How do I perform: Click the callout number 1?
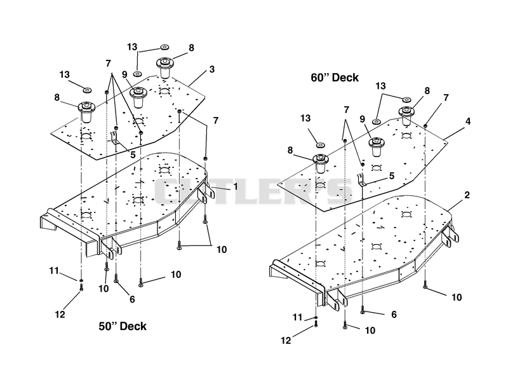pos(236,186)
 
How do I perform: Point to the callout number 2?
pos(467,195)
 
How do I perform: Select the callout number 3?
pos(212,69)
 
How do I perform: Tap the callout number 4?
pos(468,121)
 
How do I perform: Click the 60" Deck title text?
pos(335,78)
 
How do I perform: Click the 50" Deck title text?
pos(123,326)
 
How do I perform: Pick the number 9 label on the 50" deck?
pos(124,74)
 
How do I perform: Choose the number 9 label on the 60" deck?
pos(362,120)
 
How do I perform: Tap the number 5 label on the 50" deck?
pos(133,155)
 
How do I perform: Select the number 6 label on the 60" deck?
pos(394,314)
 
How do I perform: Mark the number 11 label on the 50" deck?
pos(54,270)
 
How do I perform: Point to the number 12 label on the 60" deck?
pos(286,340)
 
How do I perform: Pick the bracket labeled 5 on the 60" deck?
pos(361,180)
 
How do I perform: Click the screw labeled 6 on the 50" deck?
pos(116,278)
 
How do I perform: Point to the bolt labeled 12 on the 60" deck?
pos(316,324)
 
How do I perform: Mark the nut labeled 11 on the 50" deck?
pos(81,280)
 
